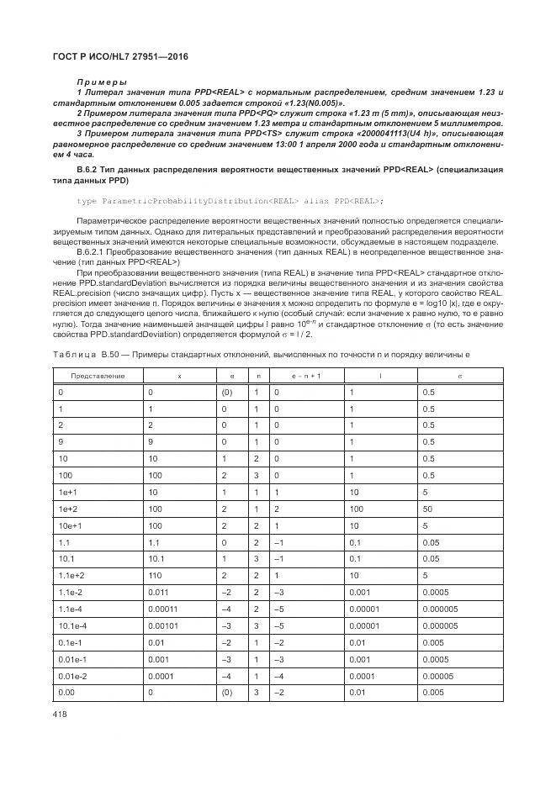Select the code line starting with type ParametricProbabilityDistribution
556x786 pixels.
[230, 200]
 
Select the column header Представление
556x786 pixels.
[97, 376]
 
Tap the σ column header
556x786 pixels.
[459, 376]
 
